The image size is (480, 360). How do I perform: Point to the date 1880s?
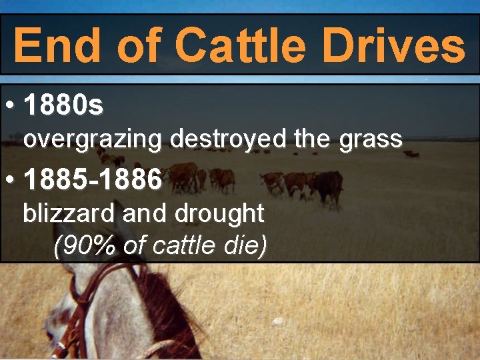tap(63, 104)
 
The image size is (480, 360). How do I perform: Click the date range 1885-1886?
tap(93, 179)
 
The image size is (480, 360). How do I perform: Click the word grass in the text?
tap(370, 139)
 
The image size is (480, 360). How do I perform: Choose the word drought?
tap(219, 213)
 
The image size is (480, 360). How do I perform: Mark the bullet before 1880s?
tap(9, 105)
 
